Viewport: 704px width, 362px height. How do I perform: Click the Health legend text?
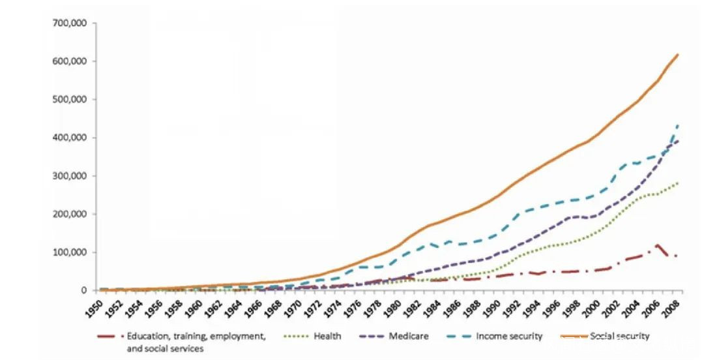[x=327, y=337]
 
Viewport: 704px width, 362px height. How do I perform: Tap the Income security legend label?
[x=509, y=337]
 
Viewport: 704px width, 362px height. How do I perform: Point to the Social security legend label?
[x=619, y=337]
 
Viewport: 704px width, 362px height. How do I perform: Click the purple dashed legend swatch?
[x=373, y=337]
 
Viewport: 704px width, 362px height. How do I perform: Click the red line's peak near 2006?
[x=658, y=245]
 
